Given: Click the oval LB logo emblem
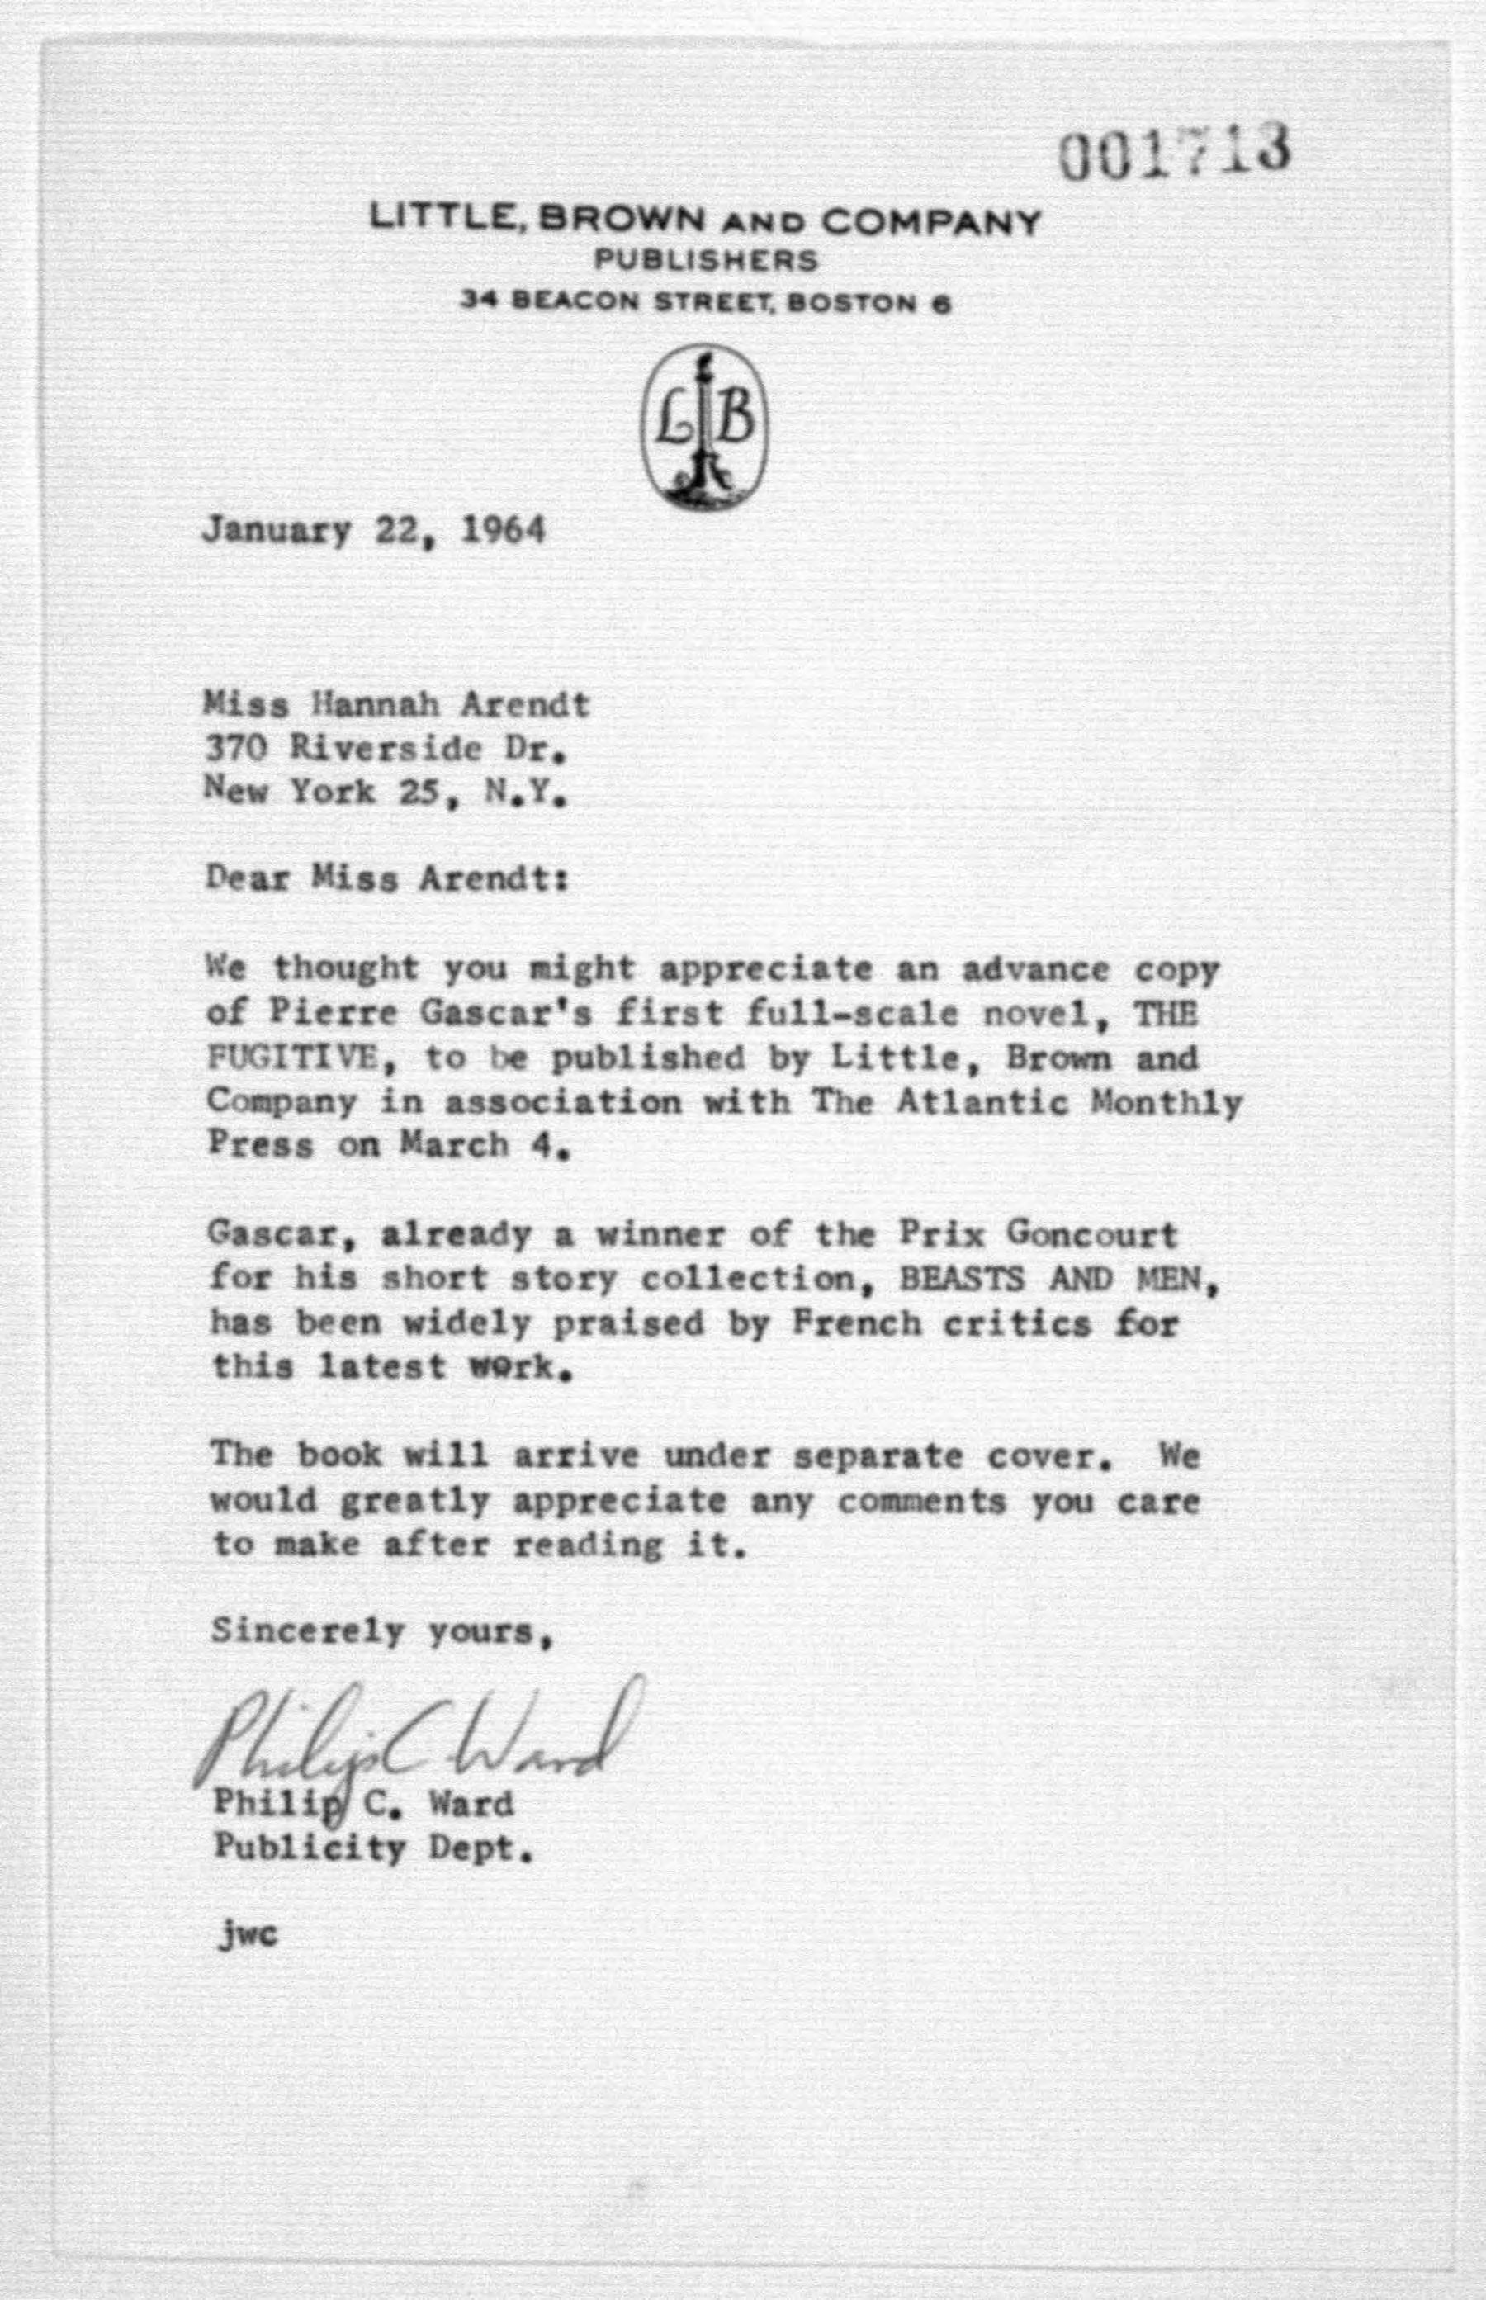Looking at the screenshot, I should [705, 427].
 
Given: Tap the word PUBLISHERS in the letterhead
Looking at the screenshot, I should [705, 261].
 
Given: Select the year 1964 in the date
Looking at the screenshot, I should [503, 530].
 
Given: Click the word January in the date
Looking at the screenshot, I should [276, 532].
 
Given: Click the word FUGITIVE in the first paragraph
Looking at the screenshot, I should [293, 1058].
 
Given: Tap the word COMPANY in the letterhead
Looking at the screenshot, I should [931, 223].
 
